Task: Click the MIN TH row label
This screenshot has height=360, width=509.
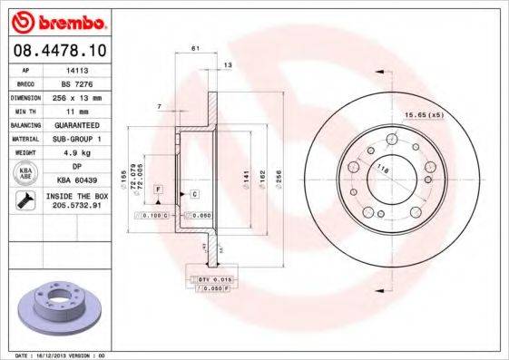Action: coord(24,109)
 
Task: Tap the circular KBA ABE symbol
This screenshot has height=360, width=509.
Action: coord(24,172)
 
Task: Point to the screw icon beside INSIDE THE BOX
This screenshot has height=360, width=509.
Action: coord(24,199)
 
